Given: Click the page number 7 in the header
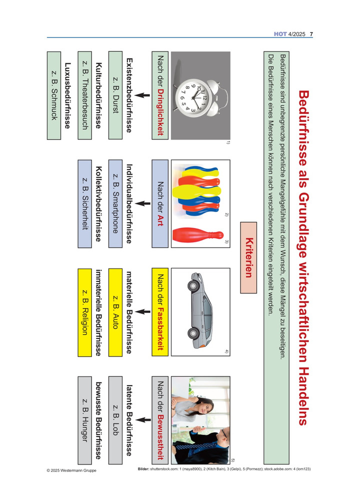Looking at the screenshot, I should click(311, 34).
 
